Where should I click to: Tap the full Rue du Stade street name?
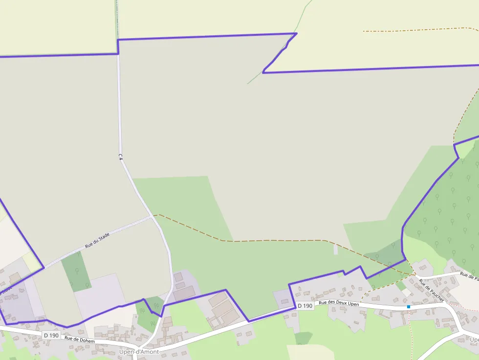97,240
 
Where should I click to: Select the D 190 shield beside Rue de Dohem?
51,335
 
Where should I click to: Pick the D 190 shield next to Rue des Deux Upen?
305,306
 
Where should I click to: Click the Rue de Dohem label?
79,339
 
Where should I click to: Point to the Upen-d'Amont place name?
139,352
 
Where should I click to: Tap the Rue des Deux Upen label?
339,303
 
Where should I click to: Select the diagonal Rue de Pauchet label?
431,290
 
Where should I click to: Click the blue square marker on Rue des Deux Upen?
409,307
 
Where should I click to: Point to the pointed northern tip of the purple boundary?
296,34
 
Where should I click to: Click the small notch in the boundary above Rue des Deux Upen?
344,273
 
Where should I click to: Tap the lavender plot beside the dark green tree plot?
100,291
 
